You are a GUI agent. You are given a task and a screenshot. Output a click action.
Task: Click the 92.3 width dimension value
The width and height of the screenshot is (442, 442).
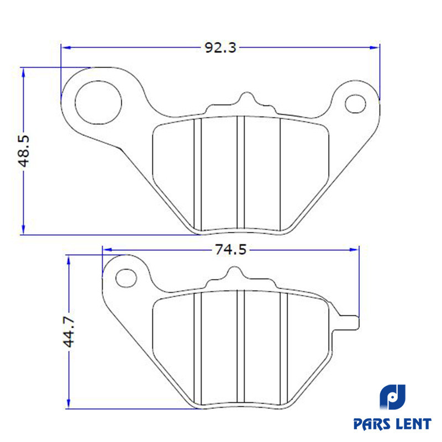tap(220, 48)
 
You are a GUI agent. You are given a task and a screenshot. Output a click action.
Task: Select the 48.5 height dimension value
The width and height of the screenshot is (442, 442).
tap(24, 151)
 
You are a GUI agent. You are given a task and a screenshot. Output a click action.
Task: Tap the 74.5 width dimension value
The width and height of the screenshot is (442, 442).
tap(230, 250)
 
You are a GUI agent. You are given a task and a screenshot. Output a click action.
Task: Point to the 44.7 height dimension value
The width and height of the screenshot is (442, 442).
tap(69, 331)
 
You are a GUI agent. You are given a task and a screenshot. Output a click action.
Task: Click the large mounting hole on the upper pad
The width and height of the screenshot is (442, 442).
tap(98, 102)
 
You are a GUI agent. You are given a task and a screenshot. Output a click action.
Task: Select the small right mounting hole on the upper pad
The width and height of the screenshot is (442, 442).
tap(355, 104)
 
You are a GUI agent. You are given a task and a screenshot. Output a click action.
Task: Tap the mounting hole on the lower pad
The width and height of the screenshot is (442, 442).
tap(127, 278)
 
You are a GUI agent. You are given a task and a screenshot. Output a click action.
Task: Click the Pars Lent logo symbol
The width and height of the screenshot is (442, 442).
tap(392, 397)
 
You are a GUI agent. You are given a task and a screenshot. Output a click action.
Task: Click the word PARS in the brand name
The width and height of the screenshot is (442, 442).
tap(372, 424)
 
